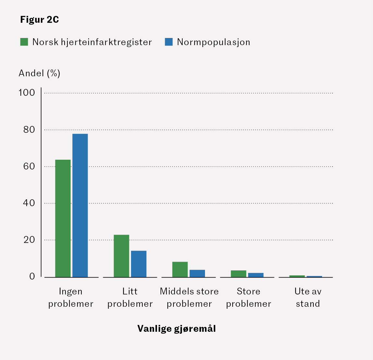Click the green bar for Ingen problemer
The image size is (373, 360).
[x=63, y=218]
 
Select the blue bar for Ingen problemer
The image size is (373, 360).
[x=80, y=205]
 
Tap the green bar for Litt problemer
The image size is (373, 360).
[x=121, y=256]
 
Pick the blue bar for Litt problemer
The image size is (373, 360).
[x=138, y=264]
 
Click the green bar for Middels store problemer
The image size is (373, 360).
[x=180, y=269]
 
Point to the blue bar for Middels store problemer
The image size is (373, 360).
[x=197, y=273]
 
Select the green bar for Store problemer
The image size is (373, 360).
[x=238, y=274]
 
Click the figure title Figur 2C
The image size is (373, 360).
[x=40, y=20]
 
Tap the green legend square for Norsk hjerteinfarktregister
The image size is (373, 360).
[x=24, y=42]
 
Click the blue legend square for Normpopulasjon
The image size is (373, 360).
[x=169, y=42]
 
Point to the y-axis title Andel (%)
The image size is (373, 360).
[x=39, y=73]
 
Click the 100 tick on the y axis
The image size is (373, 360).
[x=27, y=93]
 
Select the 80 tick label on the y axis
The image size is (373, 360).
[x=29, y=130]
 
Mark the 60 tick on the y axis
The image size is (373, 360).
[x=29, y=166]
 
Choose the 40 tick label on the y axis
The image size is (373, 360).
[x=29, y=203]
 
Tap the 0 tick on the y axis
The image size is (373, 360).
[x=32, y=276]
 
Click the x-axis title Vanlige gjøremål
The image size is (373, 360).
[x=176, y=329]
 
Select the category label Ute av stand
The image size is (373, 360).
[x=308, y=297]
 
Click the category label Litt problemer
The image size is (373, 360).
[x=130, y=297]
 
